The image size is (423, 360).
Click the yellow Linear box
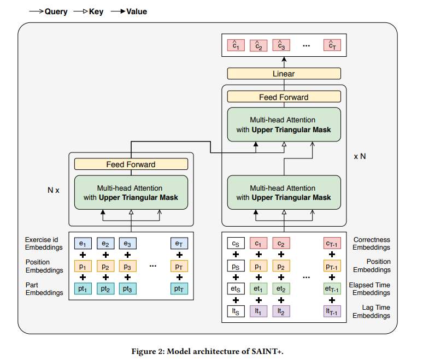tap(284, 74)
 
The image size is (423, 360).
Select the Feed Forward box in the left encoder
tap(131, 164)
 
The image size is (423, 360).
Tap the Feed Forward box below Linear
tap(284, 97)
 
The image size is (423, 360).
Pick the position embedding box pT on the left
tap(179, 266)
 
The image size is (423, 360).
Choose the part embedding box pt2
tap(105, 288)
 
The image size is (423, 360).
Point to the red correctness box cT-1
tap(332, 243)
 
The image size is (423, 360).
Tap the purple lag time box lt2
tap(281, 311)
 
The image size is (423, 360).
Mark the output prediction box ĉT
tap(332, 45)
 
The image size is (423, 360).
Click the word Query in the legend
tap(56, 11)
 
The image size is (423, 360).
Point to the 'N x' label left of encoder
tap(54, 191)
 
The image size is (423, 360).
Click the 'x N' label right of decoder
tap(360, 156)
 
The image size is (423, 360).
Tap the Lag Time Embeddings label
tap(372, 311)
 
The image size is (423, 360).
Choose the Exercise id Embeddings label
tap(44, 243)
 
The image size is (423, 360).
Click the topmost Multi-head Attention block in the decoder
tap(284, 125)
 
